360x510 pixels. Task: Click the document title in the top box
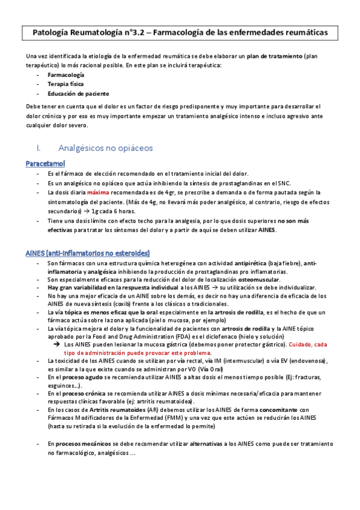[x=180, y=34]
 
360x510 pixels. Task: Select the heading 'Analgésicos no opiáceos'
[x=106, y=147]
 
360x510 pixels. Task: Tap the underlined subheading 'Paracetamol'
[x=46, y=164]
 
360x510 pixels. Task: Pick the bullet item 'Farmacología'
[x=66, y=75]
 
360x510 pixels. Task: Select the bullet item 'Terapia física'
[x=66, y=85]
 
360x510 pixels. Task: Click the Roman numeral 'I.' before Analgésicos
[x=40, y=147]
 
